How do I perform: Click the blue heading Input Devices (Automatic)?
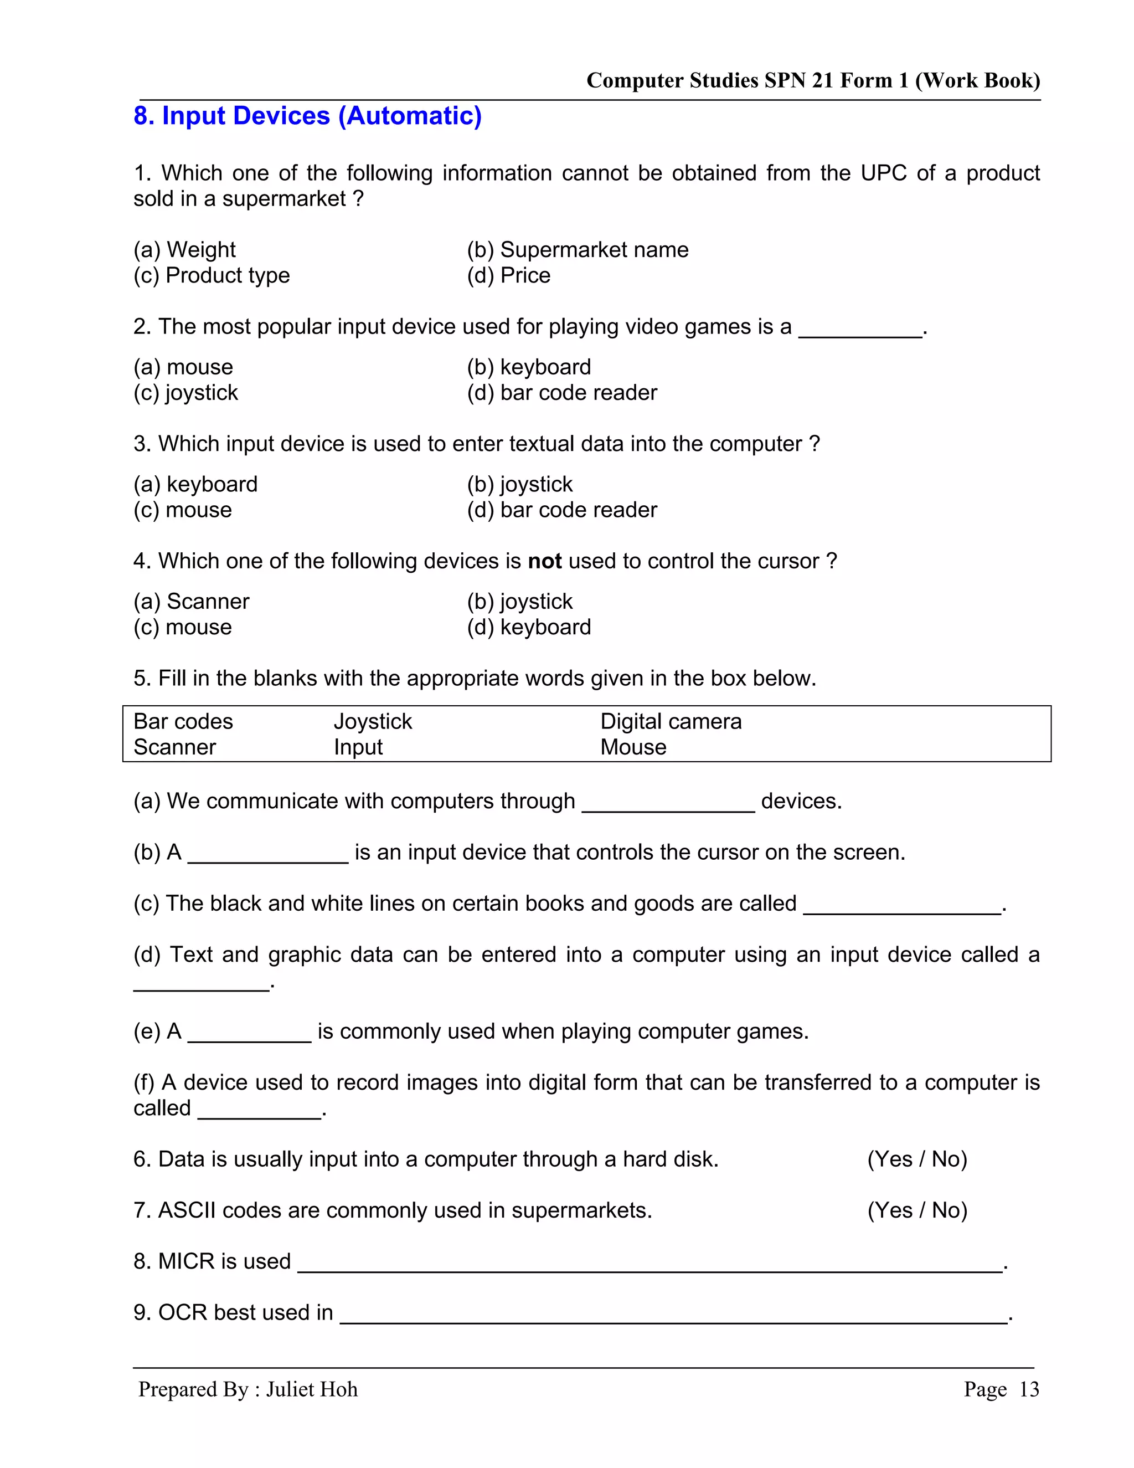tap(308, 116)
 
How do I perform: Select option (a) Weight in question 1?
tap(185, 250)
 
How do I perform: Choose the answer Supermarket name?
tap(577, 250)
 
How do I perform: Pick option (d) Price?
tap(508, 275)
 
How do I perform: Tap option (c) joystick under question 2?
tap(185, 393)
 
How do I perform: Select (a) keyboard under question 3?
tap(195, 485)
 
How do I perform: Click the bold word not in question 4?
tap(544, 561)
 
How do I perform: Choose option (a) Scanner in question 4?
tap(192, 602)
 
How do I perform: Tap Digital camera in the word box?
tap(671, 722)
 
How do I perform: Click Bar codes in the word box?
tap(183, 722)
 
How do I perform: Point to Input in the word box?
tap(358, 747)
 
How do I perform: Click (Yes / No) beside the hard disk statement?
tap(917, 1159)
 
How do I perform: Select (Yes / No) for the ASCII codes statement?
tap(917, 1210)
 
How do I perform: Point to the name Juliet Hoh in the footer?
tap(312, 1389)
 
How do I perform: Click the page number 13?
tap(1029, 1389)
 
